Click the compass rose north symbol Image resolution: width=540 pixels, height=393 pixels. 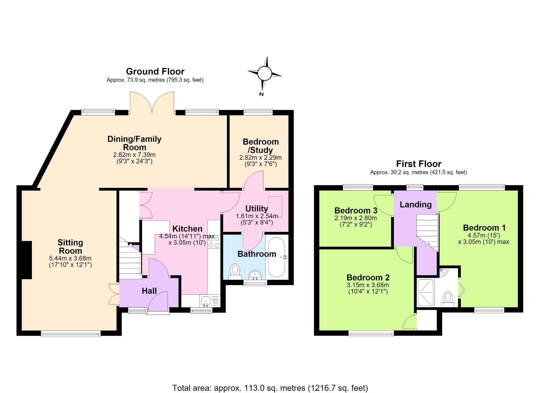click(264, 73)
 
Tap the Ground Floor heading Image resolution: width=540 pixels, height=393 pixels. click(155, 71)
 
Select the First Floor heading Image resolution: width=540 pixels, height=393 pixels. click(418, 164)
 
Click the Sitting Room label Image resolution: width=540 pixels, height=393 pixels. click(70, 247)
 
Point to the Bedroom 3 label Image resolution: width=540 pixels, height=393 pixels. click(356, 211)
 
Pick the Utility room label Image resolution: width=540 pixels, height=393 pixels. click(257, 209)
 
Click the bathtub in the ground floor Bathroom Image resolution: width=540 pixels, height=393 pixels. click(277, 257)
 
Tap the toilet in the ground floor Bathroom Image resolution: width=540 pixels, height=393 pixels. click(235, 272)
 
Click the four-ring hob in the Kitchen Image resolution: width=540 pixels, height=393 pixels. click(214, 242)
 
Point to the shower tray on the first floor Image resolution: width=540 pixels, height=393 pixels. click(426, 292)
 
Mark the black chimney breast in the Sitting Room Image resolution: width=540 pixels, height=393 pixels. click(27, 260)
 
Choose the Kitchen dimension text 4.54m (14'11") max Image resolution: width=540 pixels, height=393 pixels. click(187, 236)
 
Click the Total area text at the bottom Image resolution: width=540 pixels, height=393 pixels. click(270, 388)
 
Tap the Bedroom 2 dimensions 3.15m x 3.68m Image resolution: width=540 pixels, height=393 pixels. click(368, 285)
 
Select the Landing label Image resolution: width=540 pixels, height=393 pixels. click(416, 205)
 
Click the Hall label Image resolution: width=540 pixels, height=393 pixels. click(149, 291)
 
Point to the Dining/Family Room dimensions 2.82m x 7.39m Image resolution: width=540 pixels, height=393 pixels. click(134, 155)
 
